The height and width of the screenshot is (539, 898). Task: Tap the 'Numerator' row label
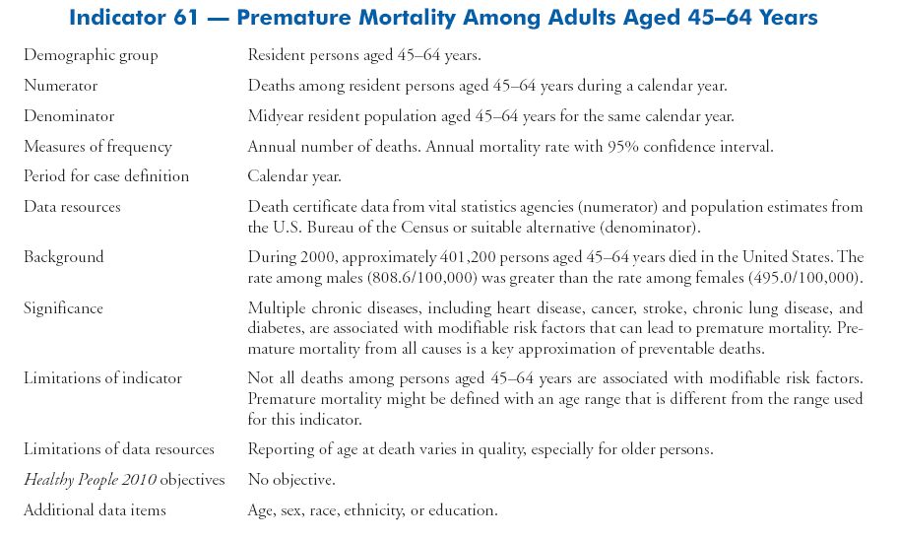[x=60, y=87]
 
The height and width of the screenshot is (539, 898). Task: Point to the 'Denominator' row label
[x=69, y=116]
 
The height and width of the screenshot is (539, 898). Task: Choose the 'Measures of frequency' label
[x=97, y=147]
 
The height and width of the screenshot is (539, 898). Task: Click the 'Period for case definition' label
[x=106, y=176]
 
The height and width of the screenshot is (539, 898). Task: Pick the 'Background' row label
[x=64, y=257]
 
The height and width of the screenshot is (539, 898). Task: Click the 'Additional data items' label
[x=95, y=510]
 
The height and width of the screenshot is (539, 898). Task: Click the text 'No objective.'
[x=290, y=480]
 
